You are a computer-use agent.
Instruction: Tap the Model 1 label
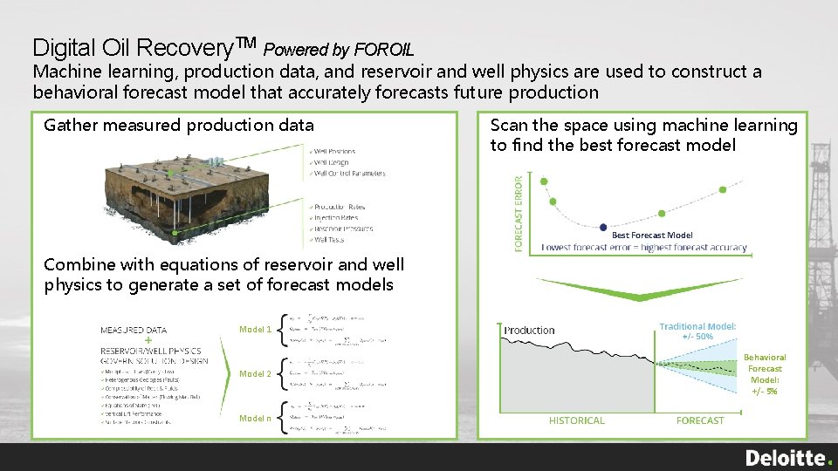point(256,330)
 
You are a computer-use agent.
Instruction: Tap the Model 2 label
point(256,374)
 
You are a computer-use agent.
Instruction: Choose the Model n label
point(256,419)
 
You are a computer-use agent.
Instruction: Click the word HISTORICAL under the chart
point(576,420)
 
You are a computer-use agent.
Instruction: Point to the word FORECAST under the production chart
point(699,420)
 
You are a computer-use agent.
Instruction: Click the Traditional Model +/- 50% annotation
point(697,331)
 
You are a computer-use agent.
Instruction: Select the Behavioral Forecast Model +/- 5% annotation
point(765,374)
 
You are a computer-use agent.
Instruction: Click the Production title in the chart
point(529,331)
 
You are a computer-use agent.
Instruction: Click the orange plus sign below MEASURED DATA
point(148,340)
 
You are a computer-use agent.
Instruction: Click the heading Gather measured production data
point(179,126)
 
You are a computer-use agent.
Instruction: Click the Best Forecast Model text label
point(652,235)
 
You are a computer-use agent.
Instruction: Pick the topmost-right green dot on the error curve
point(722,189)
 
